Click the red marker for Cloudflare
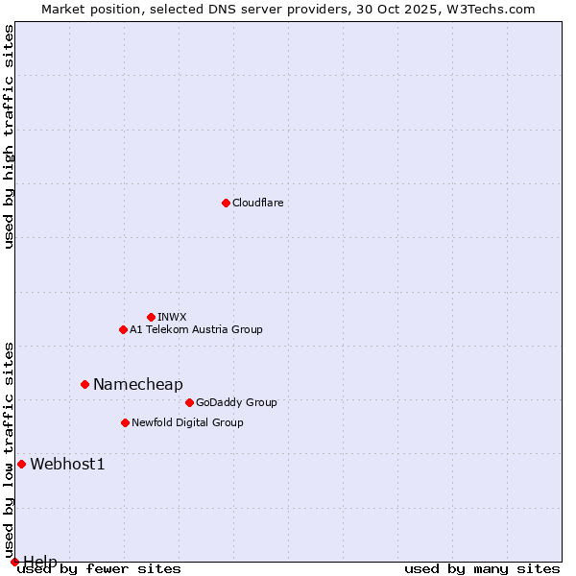tap(226, 203)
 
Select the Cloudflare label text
tap(257, 203)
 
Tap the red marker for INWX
tap(151, 317)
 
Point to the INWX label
tap(172, 317)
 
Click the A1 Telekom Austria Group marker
tap(123, 329)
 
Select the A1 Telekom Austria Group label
tap(196, 329)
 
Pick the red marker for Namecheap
tap(84, 384)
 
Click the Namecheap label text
tap(137, 384)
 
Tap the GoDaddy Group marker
tap(189, 402)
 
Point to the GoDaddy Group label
tap(236, 402)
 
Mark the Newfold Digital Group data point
tap(125, 422)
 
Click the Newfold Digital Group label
tap(187, 422)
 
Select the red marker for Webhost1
tap(21, 464)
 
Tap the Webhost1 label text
tap(67, 464)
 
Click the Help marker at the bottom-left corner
tap(14, 562)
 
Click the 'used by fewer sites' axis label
tap(99, 568)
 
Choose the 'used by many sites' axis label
tap(482, 568)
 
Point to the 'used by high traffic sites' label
tap(9, 136)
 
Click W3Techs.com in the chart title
tap(493, 9)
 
